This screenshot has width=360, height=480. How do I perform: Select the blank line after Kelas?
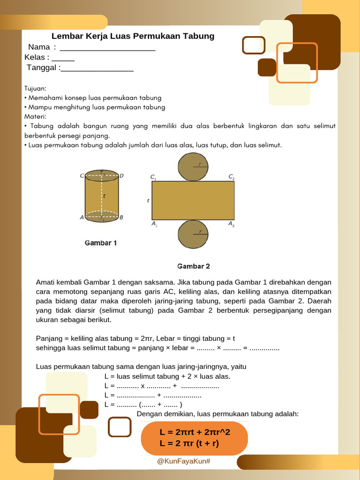tap(63, 60)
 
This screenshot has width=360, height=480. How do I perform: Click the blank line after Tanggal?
tap(97, 70)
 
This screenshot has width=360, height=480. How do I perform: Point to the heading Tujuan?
tap(35, 88)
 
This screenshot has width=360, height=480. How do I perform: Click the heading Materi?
tap(35, 116)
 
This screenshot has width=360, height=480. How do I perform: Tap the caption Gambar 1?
tap(101, 243)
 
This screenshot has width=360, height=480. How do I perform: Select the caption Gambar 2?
tap(193, 266)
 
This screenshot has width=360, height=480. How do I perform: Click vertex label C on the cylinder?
tap(82, 176)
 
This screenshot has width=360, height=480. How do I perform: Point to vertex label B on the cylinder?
tap(121, 217)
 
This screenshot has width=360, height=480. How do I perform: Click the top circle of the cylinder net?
tap(193, 167)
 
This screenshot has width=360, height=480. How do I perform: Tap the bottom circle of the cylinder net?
tap(193, 234)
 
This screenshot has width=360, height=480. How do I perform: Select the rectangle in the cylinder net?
tap(193, 201)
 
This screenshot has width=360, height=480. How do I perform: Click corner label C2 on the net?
tap(231, 177)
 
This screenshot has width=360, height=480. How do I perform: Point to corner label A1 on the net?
tap(154, 225)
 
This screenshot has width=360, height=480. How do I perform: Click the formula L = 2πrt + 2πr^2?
tap(195, 432)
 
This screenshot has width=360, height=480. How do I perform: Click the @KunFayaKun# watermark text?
tap(184, 462)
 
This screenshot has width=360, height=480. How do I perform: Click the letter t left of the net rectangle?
tap(148, 201)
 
